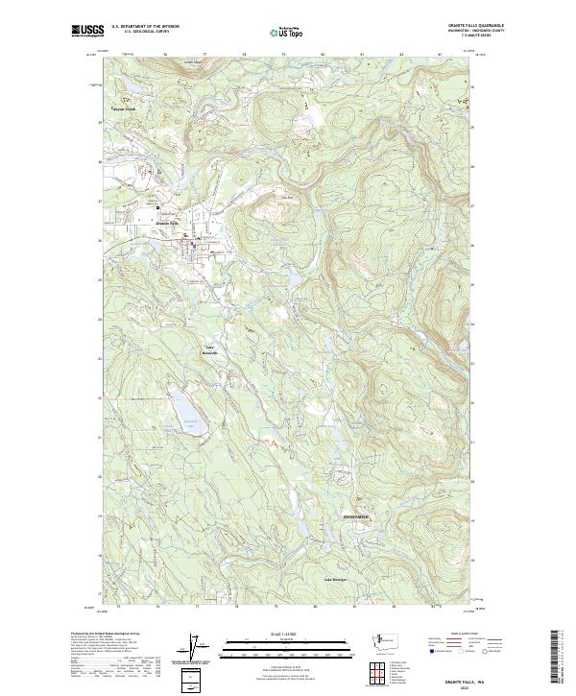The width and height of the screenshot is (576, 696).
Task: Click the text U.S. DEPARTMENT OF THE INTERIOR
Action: coord(145,27)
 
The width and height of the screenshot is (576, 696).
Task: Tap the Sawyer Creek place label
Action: coord(129,108)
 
